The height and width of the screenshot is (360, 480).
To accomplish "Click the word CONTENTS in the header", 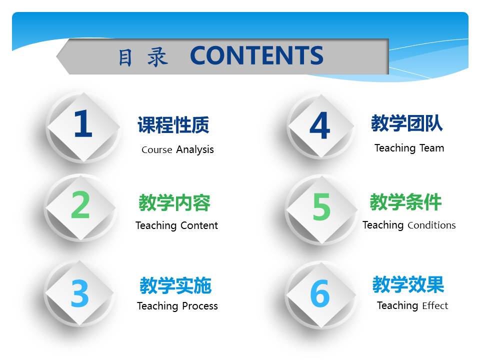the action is pyautogui.click(x=256, y=55).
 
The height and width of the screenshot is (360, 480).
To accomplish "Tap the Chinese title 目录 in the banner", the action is pyautogui.click(x=143, y=57).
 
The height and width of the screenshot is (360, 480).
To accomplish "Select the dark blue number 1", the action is pyautogui.click(x=83, y=123).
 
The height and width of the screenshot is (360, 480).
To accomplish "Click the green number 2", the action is pyautogui.click(x=80, y=204).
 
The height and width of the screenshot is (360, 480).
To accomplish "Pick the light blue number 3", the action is pyautogui.click(x=80, y=293).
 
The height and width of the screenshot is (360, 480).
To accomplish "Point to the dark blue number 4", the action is pyautogui.click(x=320, y=125).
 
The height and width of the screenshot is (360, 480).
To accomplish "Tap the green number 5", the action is pyautogui.click(x=321, y=206).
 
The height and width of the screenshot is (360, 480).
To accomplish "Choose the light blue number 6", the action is pyautogui.click(x=320, y=293).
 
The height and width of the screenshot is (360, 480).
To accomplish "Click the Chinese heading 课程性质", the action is pyautogui.click(x=173, y=125).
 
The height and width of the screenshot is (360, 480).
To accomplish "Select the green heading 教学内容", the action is pyautogui.click(x=174, y=202).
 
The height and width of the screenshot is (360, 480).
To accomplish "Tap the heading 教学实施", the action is pyautogui.click(x=175, y=285).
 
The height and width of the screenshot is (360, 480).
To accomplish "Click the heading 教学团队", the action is pyautogui.click(x=407, y=123).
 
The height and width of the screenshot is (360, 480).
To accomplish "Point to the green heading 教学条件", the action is pyautogui.click(x=406, y=202).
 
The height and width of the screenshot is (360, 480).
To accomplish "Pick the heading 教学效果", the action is pyautogui.click(x=408, y=284).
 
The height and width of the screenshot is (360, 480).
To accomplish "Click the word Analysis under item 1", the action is pyautogui.click(x=195, y=149).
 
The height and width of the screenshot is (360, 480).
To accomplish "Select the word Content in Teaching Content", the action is pyautogui.click(x=197, y=225).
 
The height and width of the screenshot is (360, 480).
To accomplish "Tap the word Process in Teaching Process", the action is pyautogui.click(x=199, y=306).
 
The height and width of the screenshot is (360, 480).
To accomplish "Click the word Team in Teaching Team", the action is pyautogui.click(x=431, y=148).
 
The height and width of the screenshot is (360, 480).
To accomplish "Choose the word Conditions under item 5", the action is pyautogui.click(x=431, y=225).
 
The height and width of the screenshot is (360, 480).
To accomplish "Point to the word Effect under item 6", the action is pyautogui.click(x=435, y=305).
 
